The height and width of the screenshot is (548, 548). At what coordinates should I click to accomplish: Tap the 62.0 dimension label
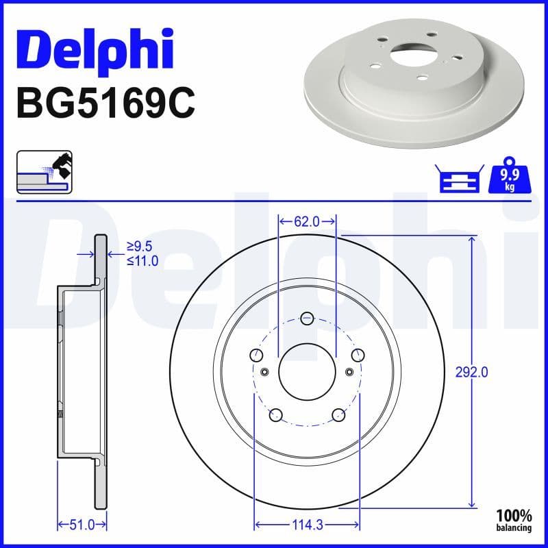coord(307,221)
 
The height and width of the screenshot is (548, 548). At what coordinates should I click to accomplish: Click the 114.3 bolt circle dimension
coord(308,525)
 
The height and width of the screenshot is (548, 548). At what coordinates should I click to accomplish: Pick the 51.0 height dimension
coord(82,525)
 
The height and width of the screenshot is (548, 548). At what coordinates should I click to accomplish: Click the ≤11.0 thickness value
coord(142,261)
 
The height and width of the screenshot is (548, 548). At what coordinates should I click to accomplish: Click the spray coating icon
coord(45,172)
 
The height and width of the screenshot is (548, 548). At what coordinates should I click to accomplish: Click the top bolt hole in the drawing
coord(307,317)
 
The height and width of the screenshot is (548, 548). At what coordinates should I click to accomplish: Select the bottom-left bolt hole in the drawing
coord(276,414)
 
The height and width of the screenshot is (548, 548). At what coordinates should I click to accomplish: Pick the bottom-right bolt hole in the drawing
coord(338,414)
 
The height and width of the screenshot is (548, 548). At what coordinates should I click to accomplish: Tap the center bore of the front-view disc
coord(307,371)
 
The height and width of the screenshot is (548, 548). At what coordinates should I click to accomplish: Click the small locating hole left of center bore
coord(264,372)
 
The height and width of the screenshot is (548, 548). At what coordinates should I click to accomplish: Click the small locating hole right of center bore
coord(349,372)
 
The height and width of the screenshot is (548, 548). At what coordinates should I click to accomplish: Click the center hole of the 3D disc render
coord(407,55)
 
